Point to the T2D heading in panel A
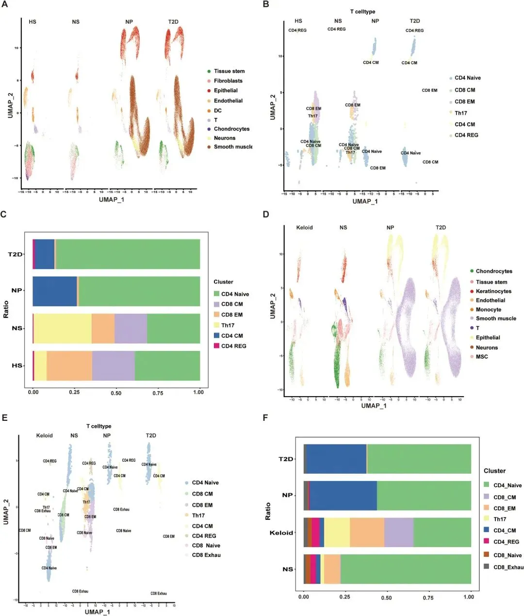(x=173, y=22)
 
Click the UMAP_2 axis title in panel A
(x=10, y=102)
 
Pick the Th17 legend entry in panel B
(x=460, y=113)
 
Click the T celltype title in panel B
(x=362, y=12)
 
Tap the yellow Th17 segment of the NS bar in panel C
(x=63, y=329)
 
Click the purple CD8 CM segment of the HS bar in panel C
(x=114, y=366)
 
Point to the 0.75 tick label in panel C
(x=158, y=393)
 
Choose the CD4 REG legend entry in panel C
(x=233, y=346)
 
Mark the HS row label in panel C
(x=17, y=366)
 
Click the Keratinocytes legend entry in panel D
(x=493, y=291)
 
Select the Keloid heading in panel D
(x=305, y=228)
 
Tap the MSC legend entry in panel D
(x=482, y=357)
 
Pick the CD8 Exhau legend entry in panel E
(x=206, y=555)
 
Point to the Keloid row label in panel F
(x=281, y=533)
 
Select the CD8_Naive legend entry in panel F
(x=507, y=555)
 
